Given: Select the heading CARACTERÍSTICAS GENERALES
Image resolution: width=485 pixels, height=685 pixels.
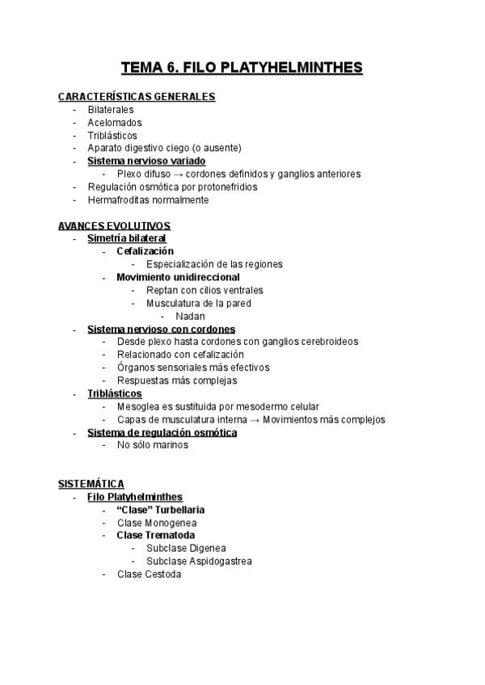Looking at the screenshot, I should tap(137, 97).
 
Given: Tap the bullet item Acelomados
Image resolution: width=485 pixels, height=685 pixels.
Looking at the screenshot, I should tap(115, 123).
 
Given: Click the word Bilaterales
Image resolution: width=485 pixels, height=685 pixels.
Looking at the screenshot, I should tap(111, 110).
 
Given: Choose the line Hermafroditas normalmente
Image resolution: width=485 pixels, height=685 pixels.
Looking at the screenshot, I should tap(148, 200).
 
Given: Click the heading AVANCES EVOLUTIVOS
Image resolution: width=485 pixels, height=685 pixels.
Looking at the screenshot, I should tap(114, 225).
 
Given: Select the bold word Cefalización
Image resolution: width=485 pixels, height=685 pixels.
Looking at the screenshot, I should tap(145, 251).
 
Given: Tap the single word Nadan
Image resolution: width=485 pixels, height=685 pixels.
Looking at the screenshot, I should tap(190, 316).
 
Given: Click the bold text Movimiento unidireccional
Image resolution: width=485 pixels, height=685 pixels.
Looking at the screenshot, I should tap(178, 277).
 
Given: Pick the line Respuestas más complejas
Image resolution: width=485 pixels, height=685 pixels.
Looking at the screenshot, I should tap(177, 380).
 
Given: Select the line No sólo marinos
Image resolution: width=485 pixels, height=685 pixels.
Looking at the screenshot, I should tap(153, 445).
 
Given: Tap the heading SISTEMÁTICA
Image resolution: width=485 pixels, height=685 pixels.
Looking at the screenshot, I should tap(91, 484).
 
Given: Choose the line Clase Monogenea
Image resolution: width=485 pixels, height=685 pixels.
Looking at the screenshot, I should tap(157, 523).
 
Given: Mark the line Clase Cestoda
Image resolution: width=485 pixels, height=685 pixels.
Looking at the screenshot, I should tap(149, 574).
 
